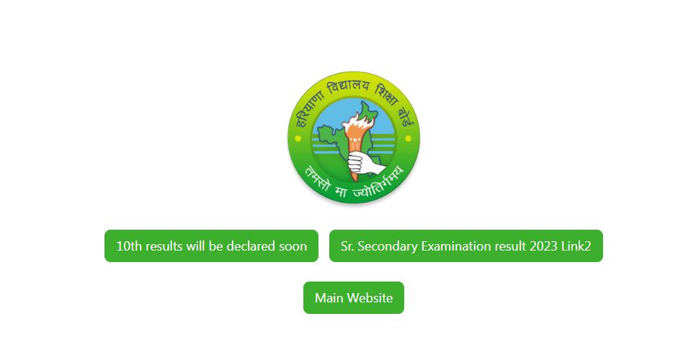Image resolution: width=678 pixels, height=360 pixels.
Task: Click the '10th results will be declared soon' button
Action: click(x=211, y=246)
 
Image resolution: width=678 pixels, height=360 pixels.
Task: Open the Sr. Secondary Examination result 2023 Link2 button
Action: click(x=465, y=246)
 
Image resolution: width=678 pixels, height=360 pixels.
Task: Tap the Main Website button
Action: click(x=354, y=298)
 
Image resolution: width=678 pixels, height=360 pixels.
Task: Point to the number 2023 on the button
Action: click(x=543, y=246)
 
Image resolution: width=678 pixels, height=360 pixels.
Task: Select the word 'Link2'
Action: click(x=576, y=246)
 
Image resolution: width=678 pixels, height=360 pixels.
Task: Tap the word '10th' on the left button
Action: click(x=129, y=246)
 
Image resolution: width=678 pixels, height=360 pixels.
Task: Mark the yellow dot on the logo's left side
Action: click(x=298, y=139)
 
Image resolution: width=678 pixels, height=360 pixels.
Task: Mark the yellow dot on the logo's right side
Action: click(x=409, y=139)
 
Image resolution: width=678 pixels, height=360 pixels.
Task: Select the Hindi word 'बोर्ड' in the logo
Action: click(x=406, y=115)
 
